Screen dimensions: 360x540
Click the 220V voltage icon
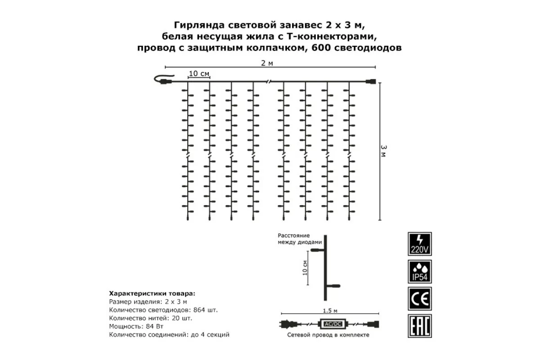[x=419, y=243]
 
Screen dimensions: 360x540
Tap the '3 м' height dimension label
[x=383, y=150]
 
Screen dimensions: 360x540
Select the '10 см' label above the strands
[x=198, y=73]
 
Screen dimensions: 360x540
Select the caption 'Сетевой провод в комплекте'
[x=328, y=335]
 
